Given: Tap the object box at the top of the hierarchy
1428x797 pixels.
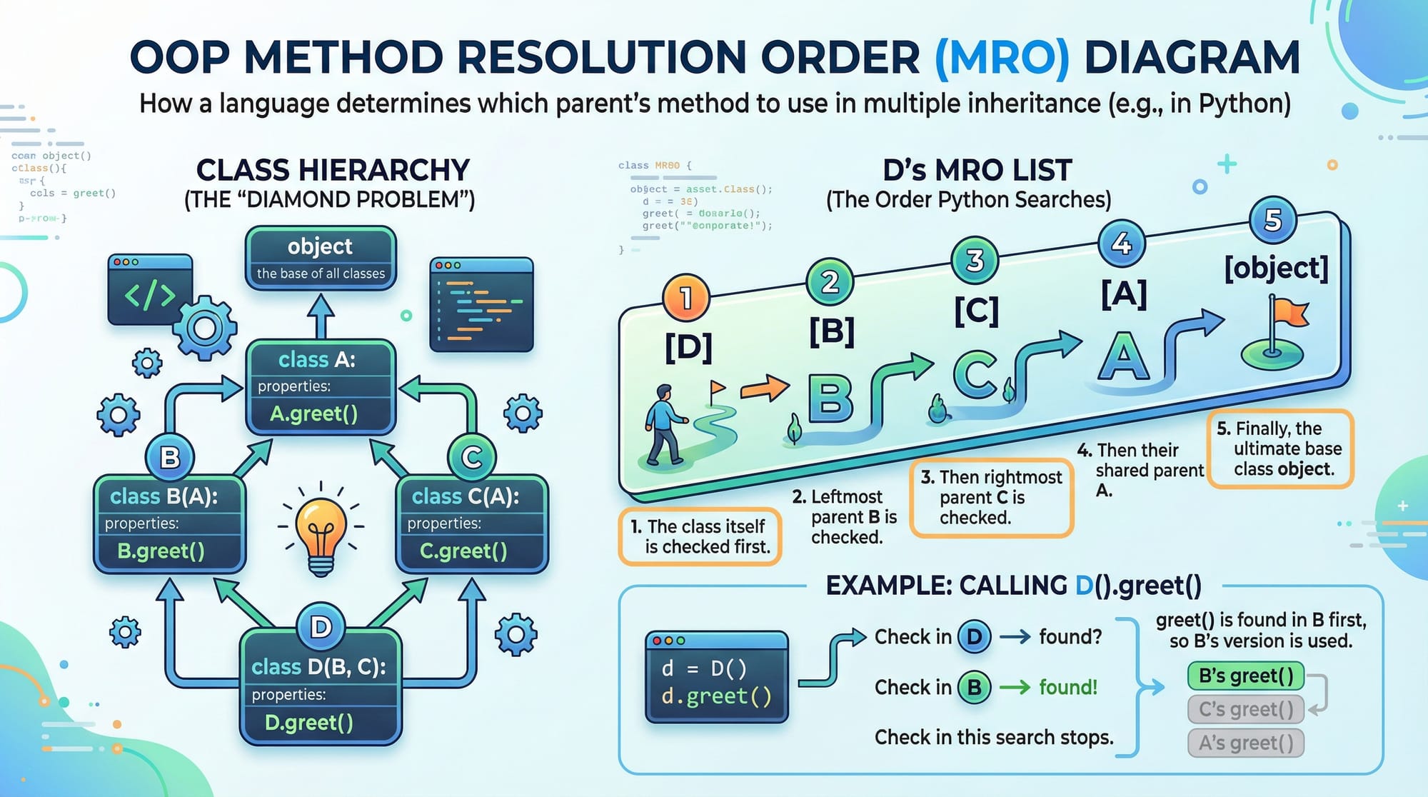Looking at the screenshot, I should (321, 258).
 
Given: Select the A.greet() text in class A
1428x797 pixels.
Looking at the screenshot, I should (313, 413).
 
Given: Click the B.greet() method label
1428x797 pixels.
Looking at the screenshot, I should (161, 551).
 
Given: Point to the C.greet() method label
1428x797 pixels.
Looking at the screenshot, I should (463, 551).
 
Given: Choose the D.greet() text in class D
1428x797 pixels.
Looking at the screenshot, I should (308, 723).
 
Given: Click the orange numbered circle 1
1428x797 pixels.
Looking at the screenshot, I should (685, 298).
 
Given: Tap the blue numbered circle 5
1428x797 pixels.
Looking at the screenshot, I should (1272, 220).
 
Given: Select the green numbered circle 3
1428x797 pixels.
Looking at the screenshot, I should (975, 260).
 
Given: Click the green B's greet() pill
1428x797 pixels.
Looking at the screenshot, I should (1245, 676).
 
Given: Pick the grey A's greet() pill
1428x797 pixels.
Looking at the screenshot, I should (1245, 743).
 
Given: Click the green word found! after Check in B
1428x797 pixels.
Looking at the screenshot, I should (1067, 687).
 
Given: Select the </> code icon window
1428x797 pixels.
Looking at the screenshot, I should (150, 289).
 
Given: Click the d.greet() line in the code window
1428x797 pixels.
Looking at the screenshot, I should (716, 696).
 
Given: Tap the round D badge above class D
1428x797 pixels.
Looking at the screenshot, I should (321, 627).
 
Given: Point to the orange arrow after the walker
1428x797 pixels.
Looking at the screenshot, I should (765, 389).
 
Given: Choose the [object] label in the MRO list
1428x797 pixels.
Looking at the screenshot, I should (1276, 268).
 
